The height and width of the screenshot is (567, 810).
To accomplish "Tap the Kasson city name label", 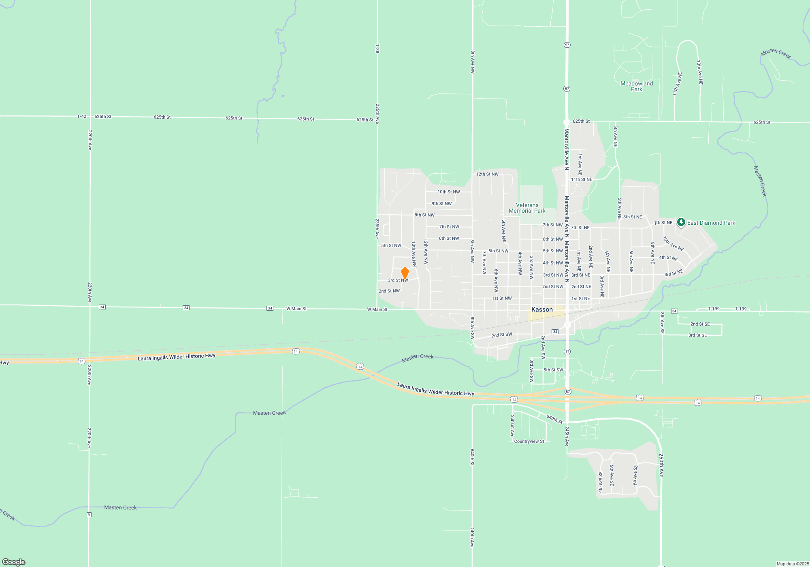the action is point(542,309).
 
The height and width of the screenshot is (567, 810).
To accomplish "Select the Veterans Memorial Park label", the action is point(527,208).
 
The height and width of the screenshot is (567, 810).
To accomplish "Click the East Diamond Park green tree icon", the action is point(681,222).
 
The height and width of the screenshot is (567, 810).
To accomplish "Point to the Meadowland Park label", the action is point(637,86).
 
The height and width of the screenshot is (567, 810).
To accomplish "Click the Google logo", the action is point(14,562).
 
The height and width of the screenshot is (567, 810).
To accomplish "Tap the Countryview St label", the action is point(529,441).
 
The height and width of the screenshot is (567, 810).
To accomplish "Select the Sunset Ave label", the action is point(512,426).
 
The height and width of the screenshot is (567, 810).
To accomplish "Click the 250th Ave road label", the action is point(661,465).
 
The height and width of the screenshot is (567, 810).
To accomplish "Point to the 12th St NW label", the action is point(487,174).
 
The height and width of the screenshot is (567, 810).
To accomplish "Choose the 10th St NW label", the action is point(448,192).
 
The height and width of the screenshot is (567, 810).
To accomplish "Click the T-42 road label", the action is point(81,116).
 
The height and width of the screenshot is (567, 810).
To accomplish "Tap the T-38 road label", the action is point(377,49).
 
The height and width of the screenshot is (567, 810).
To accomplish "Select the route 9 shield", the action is point(89,515).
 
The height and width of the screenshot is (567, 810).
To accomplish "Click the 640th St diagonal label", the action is point(554,419).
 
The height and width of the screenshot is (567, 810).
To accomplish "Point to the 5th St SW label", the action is point(553,370).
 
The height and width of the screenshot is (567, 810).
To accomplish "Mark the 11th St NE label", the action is point(581,179).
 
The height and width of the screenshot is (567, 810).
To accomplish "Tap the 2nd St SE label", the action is point(700,324).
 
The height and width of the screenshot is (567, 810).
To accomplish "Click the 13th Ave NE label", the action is point(699,72).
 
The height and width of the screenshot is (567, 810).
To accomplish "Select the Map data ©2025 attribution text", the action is point(793,564).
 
